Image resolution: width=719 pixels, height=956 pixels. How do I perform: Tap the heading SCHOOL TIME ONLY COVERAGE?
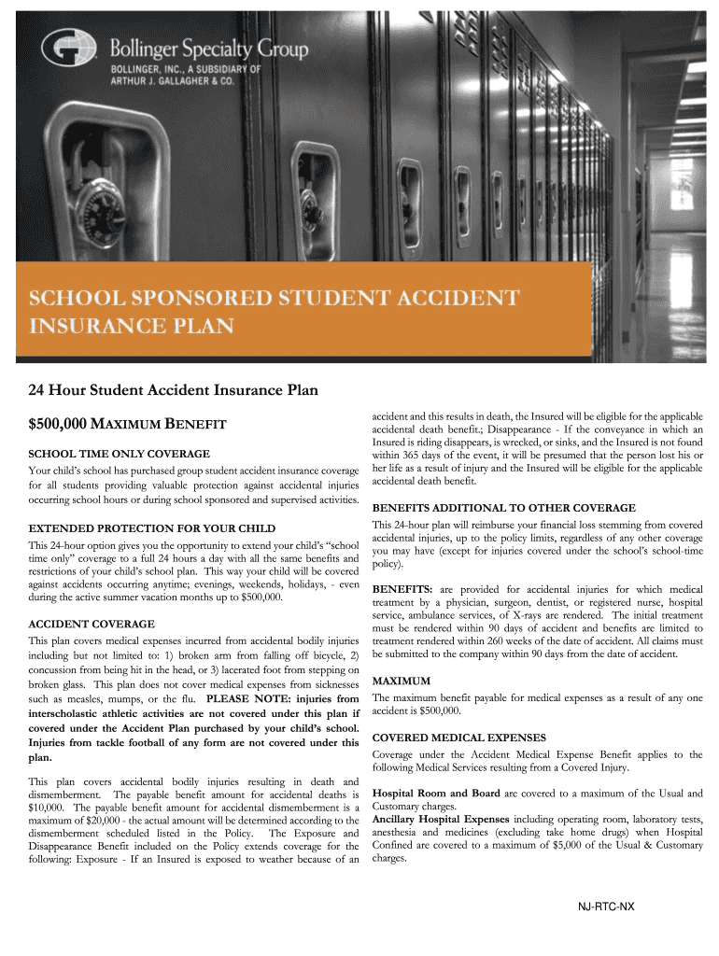(106, 453)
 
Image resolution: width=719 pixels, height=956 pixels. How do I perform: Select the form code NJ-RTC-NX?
(606, 907)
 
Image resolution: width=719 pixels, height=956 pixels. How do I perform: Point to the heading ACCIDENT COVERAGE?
(92, 623)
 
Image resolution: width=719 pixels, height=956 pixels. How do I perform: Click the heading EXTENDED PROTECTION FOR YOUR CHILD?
(152, 527)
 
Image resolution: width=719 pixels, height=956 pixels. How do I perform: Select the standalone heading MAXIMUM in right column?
(401, 681)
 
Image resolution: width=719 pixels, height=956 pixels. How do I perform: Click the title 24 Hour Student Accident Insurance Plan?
(173, 389)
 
